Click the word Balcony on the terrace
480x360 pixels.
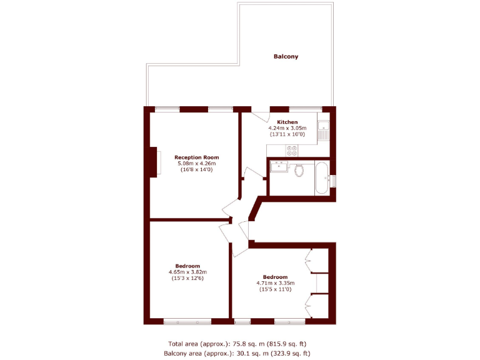coord(286,57)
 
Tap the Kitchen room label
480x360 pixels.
coord(287,122)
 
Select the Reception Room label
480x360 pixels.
coord(197,157)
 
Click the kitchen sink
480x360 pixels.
coord(323,131)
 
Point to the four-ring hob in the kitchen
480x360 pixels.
coord(291,151)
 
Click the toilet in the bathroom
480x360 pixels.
coord(299,169)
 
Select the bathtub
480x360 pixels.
coord(321,177)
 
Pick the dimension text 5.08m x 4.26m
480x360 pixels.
coord(197,164)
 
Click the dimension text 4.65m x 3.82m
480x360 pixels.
coord(187,272)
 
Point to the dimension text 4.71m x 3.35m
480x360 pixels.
coord(275,283)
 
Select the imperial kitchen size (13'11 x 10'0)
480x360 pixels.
coord(287,134)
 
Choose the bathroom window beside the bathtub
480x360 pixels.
coord(333,181)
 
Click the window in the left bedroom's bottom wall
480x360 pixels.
coord(186,321)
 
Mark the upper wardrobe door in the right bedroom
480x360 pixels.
coord(308,261)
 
